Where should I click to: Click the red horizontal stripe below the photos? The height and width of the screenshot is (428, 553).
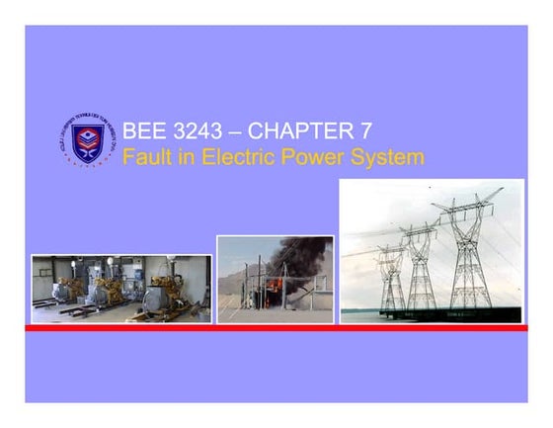pyautogui.click(x=276, y=327)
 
